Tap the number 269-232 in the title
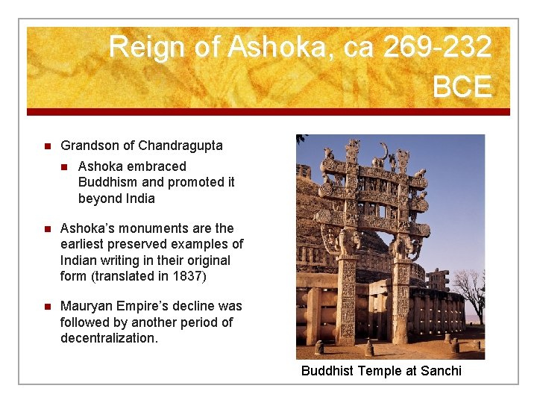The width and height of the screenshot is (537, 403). coord(437,48)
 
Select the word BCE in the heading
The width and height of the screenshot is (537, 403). coord(462,87)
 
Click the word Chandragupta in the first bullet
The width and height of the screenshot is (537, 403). coord(180,146)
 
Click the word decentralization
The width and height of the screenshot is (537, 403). coord(110,338)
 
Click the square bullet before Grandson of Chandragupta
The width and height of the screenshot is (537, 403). coord(45,146)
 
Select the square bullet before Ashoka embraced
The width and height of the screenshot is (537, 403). coord(64,166)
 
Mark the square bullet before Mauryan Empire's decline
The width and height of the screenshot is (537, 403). coord(45,306)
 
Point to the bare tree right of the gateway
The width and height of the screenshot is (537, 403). coord(474,291)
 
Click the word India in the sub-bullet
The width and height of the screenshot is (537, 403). coord(139,199)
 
